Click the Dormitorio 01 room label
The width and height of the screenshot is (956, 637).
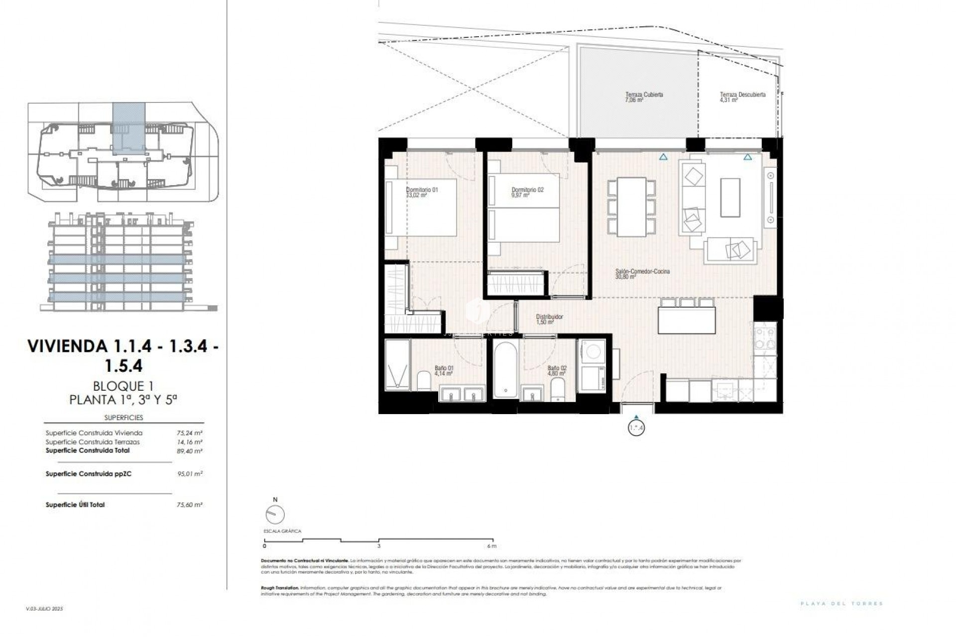[422, 190]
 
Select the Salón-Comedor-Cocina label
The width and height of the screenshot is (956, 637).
[643, 271]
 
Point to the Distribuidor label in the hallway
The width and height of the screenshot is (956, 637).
[549, 317]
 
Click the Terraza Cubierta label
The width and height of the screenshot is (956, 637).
[644, 94]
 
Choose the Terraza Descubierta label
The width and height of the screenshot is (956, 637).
[742, 94]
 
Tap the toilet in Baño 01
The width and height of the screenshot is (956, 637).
[424, 381]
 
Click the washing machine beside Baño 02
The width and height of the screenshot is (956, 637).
[591, 351]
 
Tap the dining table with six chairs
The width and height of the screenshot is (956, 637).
[631, 207]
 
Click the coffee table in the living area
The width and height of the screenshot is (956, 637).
[730, 197]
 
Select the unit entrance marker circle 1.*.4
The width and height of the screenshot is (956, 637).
[636, 427]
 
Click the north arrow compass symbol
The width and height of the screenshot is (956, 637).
[275, 514]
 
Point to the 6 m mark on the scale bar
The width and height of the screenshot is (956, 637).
[492, 546]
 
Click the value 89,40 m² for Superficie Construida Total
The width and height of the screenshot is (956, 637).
[190, 451]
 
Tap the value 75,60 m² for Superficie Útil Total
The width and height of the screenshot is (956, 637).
[190, 505]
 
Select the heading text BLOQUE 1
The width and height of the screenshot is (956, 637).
[123, 386]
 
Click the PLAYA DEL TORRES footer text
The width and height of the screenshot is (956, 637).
[841, 604]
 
